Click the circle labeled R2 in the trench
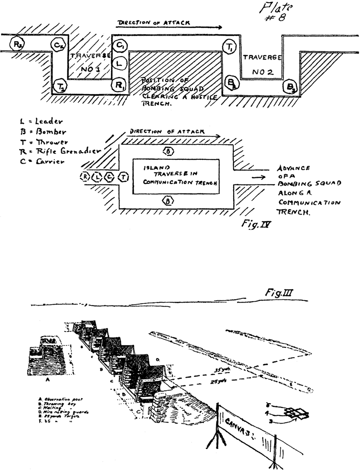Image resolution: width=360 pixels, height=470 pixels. [17, 44]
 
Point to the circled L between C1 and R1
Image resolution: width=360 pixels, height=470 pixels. [120, 62]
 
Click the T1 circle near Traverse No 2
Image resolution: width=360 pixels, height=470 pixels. [229, 48]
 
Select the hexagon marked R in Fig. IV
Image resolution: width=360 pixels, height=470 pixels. [84, 177]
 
